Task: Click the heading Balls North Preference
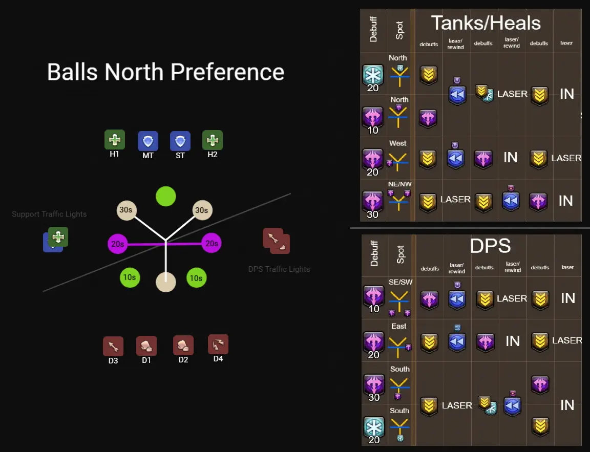[165, 72]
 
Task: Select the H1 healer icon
[115, 140]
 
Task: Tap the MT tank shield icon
[148, 141]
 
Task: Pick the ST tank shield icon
[180, 141]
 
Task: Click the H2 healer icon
[212, 140]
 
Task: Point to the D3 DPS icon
[113, 347]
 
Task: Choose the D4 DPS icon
[218, 345]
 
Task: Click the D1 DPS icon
[146, 346]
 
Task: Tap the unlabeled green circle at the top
[165, 196]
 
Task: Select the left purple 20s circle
[118, 244]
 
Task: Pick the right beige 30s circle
[202, 210]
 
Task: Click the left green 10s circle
[130, 277]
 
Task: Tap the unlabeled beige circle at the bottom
[165, 282]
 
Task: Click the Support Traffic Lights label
[49, 214]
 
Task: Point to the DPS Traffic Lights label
[279, 269]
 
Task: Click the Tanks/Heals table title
[486, 23]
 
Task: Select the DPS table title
[490, 246]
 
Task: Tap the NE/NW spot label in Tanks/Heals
[399, 184]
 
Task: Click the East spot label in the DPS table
[399, 326]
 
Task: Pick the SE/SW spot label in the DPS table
[400, 282]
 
